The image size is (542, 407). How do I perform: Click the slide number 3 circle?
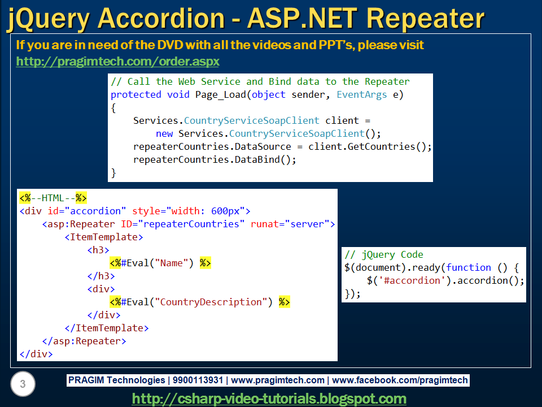coord(23,385)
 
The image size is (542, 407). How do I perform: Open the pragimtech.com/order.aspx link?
coord(117,61)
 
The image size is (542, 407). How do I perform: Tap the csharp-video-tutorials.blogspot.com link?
coord(269,399)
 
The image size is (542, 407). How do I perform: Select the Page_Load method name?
coord(220,94)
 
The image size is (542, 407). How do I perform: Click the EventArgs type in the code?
coord(361,94)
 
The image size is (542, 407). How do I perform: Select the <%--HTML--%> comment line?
coord(53,198)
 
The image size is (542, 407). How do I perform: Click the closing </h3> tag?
coord(101,276)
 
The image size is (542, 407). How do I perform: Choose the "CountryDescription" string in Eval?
coord(213,302)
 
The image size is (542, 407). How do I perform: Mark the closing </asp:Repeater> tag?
coord(84,341)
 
